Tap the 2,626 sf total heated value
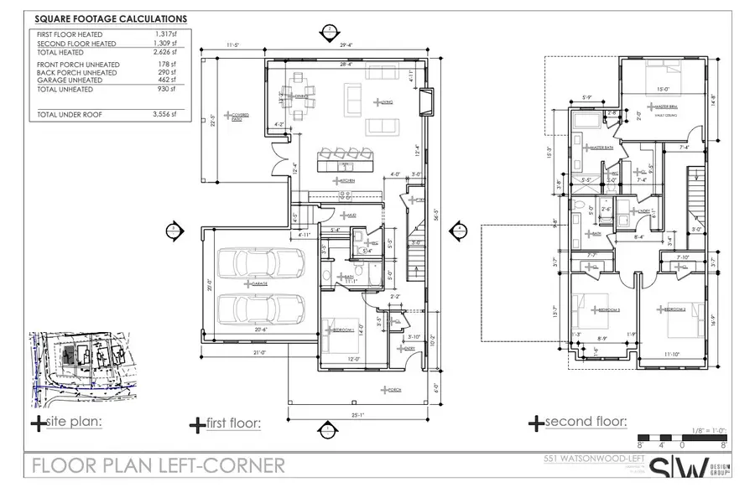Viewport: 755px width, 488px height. [164, 50]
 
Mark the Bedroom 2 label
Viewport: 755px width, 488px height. [675, 309]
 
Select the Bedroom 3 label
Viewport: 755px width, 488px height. [608, 309]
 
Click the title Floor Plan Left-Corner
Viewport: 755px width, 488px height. [158, 465]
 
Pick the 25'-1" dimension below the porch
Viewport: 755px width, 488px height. [357, 413]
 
